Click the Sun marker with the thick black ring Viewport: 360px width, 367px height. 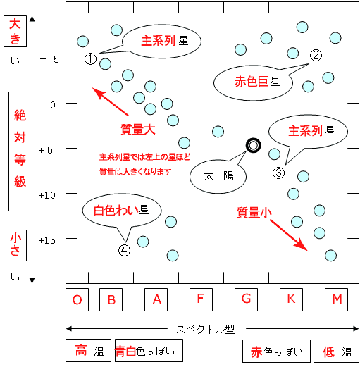pos(253,146)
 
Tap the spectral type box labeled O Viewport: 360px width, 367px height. pos(77,299)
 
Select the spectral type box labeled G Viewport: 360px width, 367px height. pos(246,299)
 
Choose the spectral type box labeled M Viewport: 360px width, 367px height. pos(336,299)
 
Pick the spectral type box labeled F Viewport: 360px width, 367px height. pos(201,299)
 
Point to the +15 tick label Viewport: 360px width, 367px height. pos(46,240)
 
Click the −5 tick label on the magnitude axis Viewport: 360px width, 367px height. pos(49,59)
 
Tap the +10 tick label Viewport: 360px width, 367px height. pos(46,195)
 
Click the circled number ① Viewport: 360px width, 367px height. pos(90,58)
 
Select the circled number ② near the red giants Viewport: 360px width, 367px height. pos(316,56)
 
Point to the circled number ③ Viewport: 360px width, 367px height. pos(278,173)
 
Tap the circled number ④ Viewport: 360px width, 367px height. pos(124,250)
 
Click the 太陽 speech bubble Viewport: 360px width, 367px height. pos(218,175)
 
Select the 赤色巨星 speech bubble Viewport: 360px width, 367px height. pos(253,82)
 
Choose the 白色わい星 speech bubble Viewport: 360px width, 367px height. pos(122,211)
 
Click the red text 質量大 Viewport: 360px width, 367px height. pos(138,130)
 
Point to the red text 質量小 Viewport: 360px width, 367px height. pos(254,213)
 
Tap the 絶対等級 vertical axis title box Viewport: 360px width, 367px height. pos(20,151)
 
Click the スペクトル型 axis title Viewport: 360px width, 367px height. pos(206,330)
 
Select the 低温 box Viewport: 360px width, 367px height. pos(336,351)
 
